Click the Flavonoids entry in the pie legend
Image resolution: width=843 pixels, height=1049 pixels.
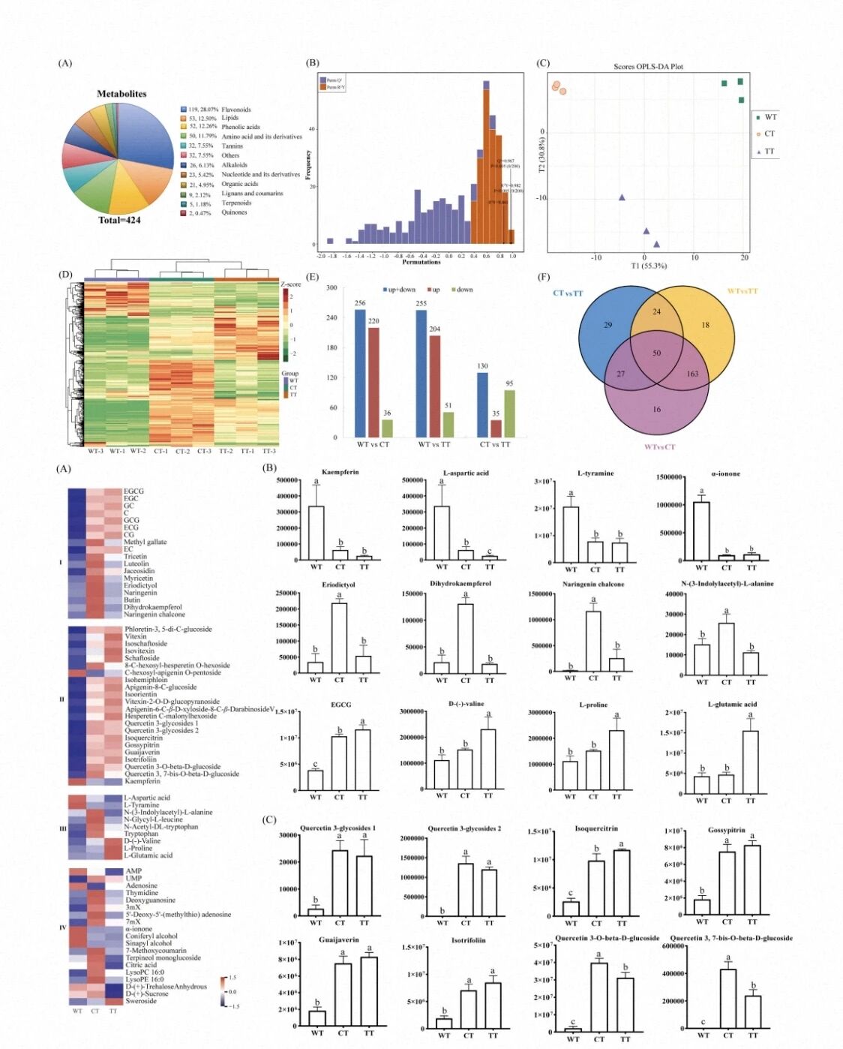[x=235, y=110]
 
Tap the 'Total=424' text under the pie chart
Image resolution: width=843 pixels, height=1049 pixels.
[x=119, y=220]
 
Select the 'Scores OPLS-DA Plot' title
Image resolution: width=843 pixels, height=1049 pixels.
[x=648, y=67]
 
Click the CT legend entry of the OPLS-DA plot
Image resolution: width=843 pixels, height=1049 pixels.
[x=769, y=134]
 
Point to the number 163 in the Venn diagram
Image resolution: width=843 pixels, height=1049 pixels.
[x=691, y=374]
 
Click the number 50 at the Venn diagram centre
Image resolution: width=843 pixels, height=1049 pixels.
[x=656, y=353]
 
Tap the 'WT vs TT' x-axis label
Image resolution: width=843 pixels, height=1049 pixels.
[x=434, y=445]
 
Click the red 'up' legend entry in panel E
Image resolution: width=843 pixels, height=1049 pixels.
[x=433, y=290]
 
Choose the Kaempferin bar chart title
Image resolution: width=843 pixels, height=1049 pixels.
[x=340, y=473]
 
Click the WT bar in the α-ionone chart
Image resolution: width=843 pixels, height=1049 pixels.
[x=701, y=531]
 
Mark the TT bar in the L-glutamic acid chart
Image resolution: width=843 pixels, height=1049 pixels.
[x=750, y=762]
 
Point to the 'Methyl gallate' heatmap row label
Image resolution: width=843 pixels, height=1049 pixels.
[x=145, y=542]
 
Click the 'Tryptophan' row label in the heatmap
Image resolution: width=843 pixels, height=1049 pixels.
[x=141, y=834]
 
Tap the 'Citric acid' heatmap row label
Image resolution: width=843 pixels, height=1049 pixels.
[x=141, y=965]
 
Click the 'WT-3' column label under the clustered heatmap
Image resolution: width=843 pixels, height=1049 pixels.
[x=95, y=452]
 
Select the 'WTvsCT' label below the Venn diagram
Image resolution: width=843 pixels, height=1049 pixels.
[x=659, y=447]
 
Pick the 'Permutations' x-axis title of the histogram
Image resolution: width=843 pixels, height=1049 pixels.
[x=421, y=262]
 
